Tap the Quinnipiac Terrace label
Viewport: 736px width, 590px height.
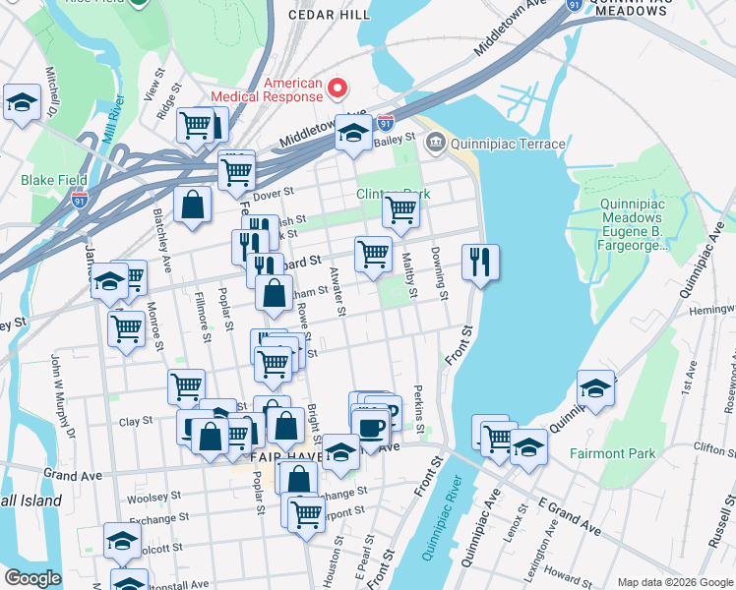[508, 145]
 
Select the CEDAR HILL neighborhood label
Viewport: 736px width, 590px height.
[329, 15]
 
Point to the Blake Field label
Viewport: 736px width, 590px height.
[54, 180]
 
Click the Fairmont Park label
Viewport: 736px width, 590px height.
[611, 453]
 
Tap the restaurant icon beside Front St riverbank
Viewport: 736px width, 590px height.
[480, 262]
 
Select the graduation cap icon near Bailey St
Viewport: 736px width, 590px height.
[352, 133]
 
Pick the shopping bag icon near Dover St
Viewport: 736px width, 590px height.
[193, 205]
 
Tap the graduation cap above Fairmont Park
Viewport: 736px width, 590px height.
[595, 387]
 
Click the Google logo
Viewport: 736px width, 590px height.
[32, 578]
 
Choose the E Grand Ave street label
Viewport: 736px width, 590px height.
[568, 517]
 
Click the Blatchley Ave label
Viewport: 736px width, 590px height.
[159, 238]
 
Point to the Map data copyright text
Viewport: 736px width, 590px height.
[674, 582]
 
